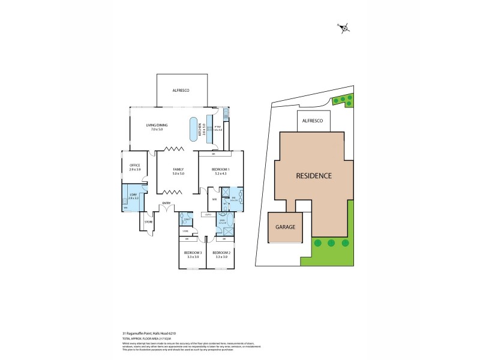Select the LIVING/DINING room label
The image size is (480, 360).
(157, 127)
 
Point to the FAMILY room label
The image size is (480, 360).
(178, 170)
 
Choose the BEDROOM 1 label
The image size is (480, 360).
(220, 170)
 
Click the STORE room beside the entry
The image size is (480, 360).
(148, 223)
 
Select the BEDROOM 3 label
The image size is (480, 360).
(192, 254)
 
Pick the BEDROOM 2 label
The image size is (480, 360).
(220, 254)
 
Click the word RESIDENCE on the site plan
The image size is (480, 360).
(313, 176)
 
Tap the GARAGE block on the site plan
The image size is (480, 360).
(286, 228)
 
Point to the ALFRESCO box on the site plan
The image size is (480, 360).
(313, 121)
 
